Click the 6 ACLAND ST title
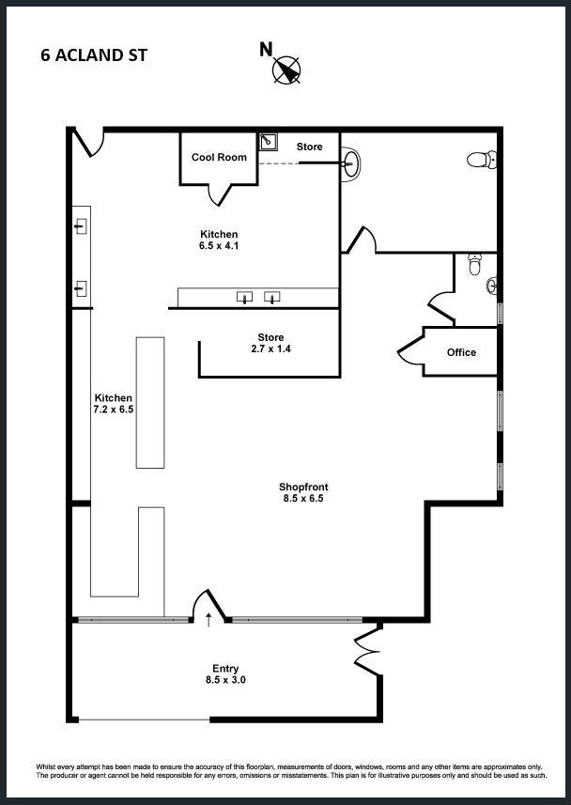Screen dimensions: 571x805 coord(94,55)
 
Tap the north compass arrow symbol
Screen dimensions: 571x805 coord(287,70)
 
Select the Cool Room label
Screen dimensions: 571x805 coord(219,157)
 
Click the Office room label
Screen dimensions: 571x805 coord(461,352)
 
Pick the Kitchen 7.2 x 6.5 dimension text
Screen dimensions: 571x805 coord(114,404)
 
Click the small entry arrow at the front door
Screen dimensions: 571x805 coord(208,620)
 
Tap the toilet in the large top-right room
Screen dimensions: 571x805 coord(482,159)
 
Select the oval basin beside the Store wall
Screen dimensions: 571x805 coord(352,163)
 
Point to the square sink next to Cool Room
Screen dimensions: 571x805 coord(268,142)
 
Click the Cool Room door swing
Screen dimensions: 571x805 coord(221,194)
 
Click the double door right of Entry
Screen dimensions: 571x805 coord(367,650)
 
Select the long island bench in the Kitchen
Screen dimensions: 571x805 coord(150,402)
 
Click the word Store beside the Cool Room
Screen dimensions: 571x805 coord(310,147)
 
